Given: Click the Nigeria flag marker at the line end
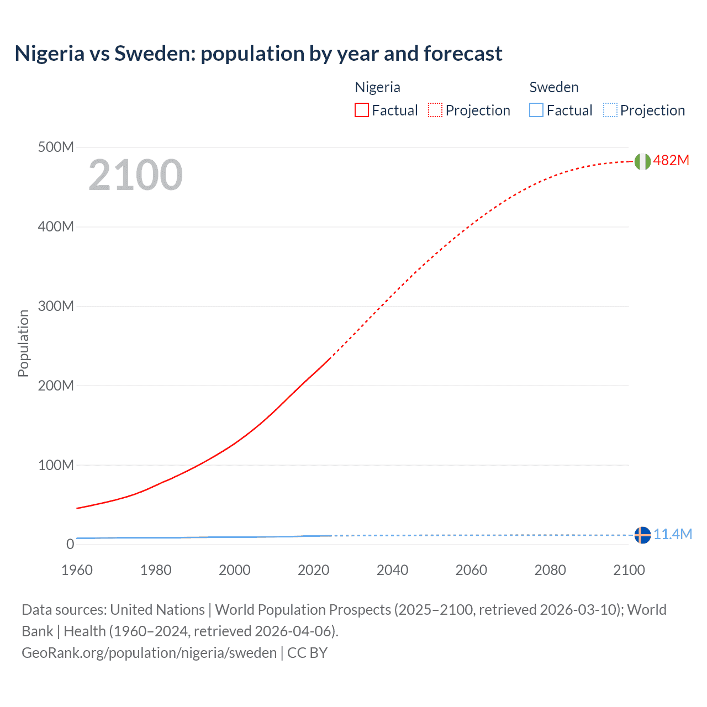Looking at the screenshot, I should coord(642,161).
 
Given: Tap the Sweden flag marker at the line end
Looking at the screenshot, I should coord(642,535).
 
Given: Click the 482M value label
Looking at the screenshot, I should coord(671,160).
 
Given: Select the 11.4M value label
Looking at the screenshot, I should coord(673,534).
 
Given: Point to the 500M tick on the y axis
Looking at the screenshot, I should coord(56,147).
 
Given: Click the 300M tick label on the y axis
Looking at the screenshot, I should coord(56,306).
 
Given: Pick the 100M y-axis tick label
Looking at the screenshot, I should coord(56,465).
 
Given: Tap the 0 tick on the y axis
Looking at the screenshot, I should coord(70,544).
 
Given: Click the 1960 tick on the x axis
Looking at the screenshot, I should coord(77,570).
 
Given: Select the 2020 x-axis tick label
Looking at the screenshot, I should coord(313,570).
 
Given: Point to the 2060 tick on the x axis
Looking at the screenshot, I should coord(471,570).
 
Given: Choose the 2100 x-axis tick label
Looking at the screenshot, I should coord(629,570).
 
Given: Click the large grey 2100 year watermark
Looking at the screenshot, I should coord(135,175).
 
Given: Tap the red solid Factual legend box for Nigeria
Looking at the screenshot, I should coord(361,110).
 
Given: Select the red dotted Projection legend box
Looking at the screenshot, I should coord(435,110).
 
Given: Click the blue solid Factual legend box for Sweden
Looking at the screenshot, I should coord(536,110).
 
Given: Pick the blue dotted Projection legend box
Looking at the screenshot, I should coord(610,110).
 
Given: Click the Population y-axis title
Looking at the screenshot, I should coord(23,344).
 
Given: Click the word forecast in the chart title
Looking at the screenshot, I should coord(463,54).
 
